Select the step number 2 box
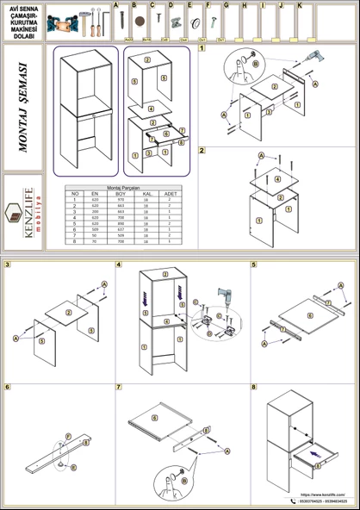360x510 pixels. [x=202, y=151]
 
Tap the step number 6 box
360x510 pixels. [x=8, y=388]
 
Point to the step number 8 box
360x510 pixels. [x=254, y=388]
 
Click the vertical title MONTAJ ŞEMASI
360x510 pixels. [x=23, y=107]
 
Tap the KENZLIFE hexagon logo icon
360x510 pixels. [x=14, y=212]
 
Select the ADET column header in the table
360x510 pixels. [x=171, y=194]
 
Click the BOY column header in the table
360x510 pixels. [x=121, y=194]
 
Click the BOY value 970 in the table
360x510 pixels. [x=121, y=200]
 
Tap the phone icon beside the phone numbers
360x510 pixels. [x=293, y=501]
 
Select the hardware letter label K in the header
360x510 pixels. [x=299, y=5]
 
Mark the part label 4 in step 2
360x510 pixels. [x=276, y=179]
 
